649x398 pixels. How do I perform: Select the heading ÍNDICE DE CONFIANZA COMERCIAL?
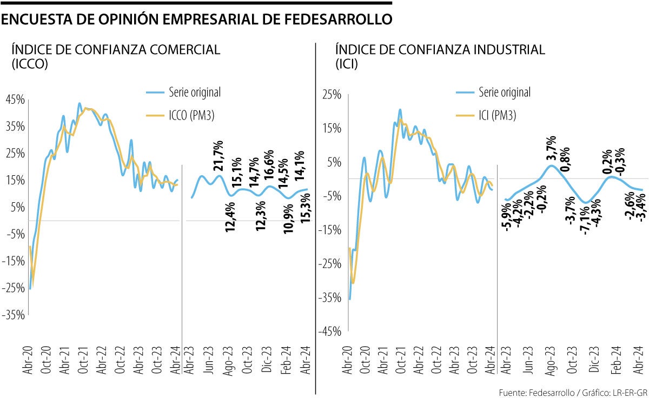(x=116, y=50)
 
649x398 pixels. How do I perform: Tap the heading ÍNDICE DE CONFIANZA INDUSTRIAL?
(x=440, y=50)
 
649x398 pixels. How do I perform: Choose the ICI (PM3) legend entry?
(x=497, y=115)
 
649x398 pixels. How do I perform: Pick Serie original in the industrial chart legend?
(x=504, y=92)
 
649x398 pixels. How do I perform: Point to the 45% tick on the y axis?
(x=15, y=100)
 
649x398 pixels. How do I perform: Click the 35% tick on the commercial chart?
(x=15, y=127)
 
